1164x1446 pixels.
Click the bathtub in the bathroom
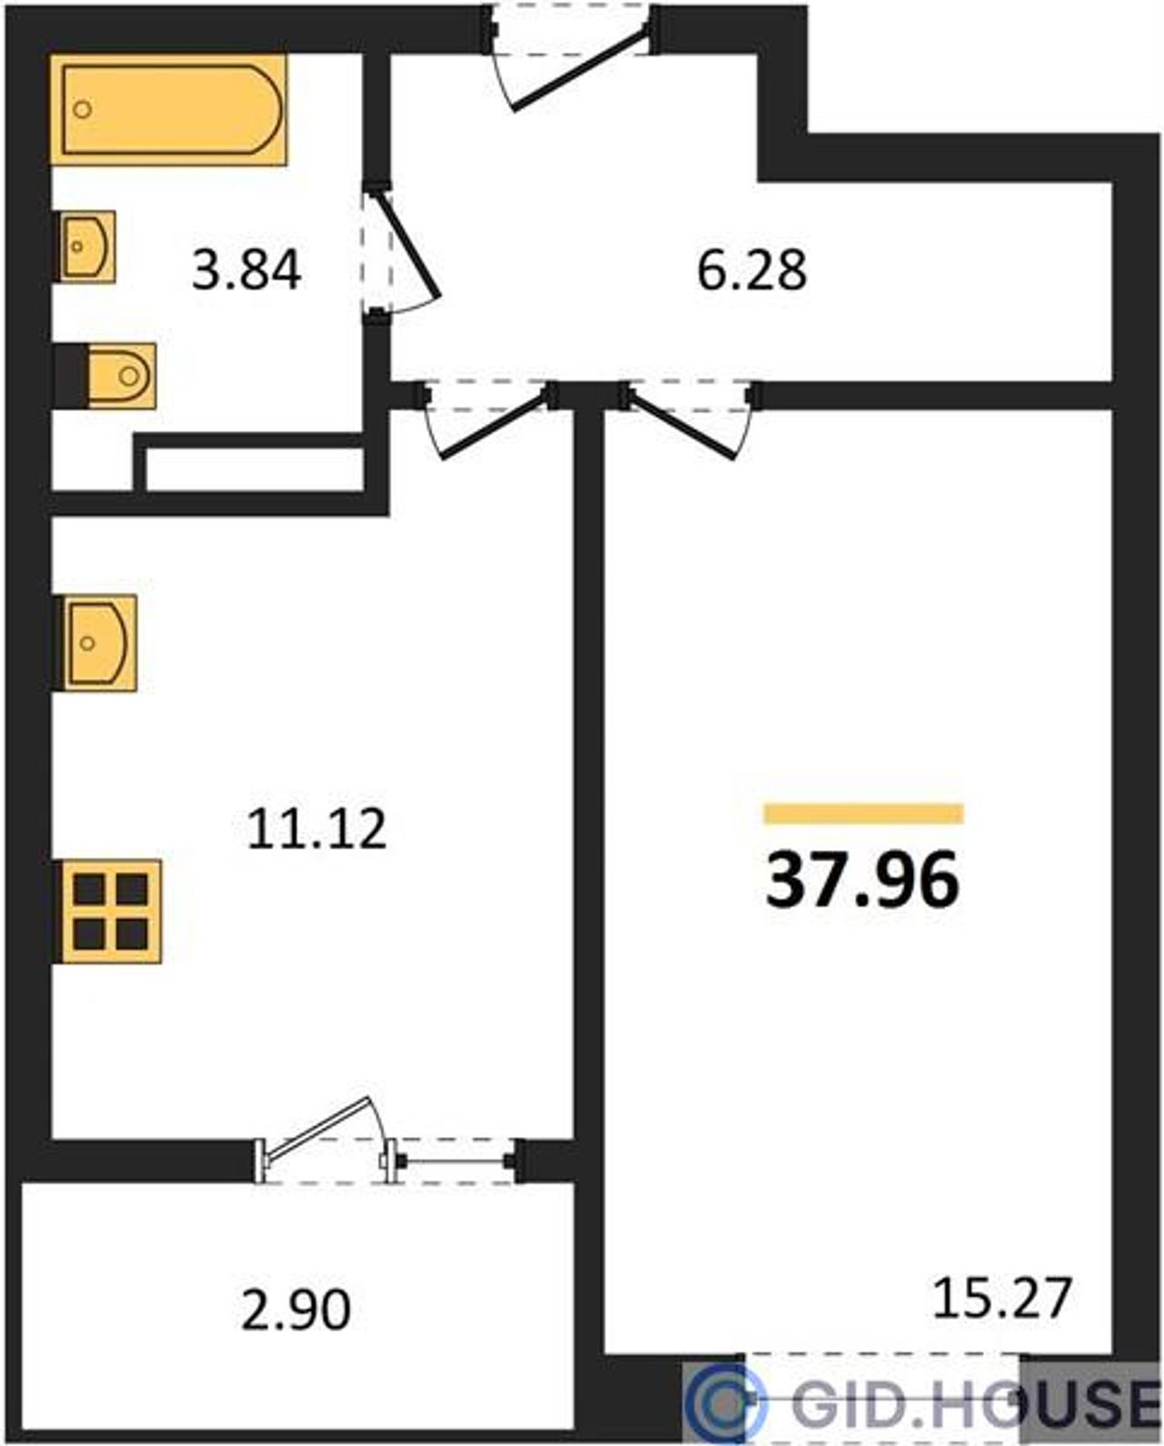[168, 109]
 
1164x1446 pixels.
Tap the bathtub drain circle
[83, 109]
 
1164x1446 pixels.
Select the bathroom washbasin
[87, 246]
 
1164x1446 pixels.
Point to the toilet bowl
[122, 376]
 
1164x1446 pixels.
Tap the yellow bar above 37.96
[864, 813]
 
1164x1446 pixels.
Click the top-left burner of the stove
[89, 889]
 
